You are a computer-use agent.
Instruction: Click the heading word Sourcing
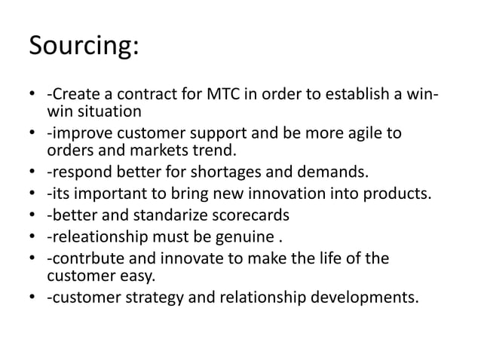pos(83,47)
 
